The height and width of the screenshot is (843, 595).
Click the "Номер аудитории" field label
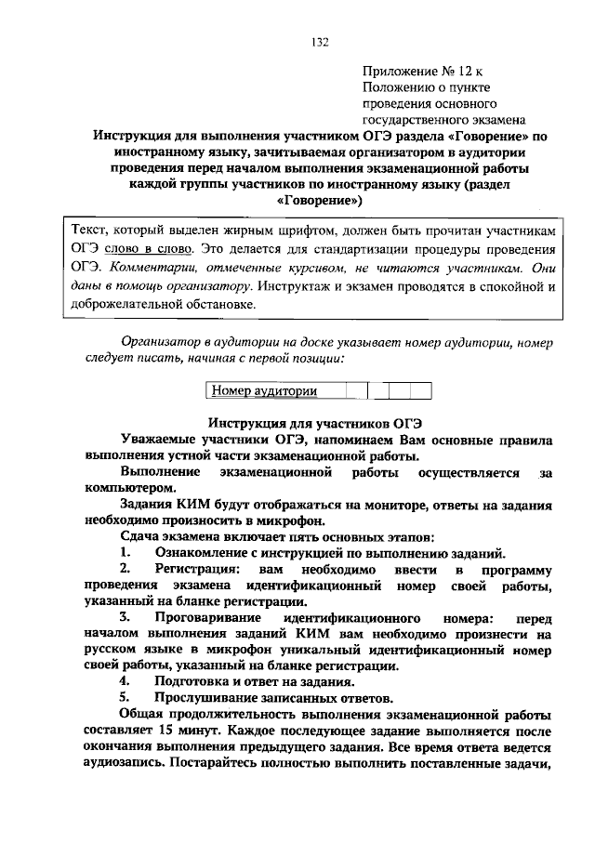(x=264, y=391)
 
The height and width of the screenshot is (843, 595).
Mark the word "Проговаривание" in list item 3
(x=207, y=619)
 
